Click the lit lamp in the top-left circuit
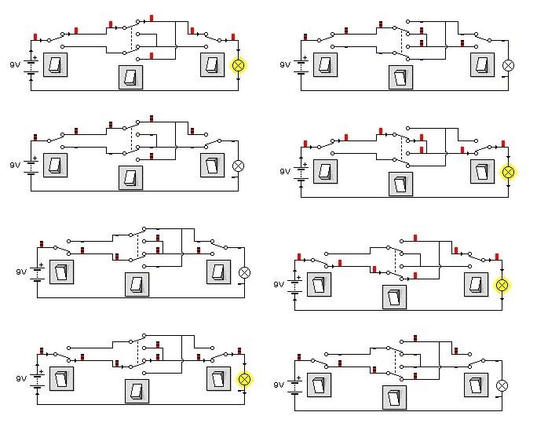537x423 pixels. (x=239, y=65)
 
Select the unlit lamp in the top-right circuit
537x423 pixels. (x=508, y=65)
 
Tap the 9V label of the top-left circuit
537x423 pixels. (x=14, y=65)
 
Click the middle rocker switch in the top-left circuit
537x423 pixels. (x=131, y=77)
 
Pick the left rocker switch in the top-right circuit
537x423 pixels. (x=325, y=65)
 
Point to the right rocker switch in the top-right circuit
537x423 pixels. (x=481, y=65)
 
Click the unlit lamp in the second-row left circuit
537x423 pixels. (x=239, y=165)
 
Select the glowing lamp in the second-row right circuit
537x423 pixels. (x=508, y=172)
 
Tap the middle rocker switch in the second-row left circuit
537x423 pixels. (x=131, y=177)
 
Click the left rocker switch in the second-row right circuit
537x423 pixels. (x=325, y=172)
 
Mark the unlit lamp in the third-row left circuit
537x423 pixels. (x=244, y=272)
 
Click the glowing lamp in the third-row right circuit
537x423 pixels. (x=502, y=285)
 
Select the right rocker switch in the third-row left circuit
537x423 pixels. (x=217, y=272)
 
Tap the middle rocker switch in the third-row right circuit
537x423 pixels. (x=395, y=296)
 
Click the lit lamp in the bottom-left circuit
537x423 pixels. (x=244, y=380)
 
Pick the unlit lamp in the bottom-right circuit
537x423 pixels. (x=502, y=385)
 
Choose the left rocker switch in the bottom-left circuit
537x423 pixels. (x=62, y=380)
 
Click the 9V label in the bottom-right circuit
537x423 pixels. (x=279, y=385)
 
